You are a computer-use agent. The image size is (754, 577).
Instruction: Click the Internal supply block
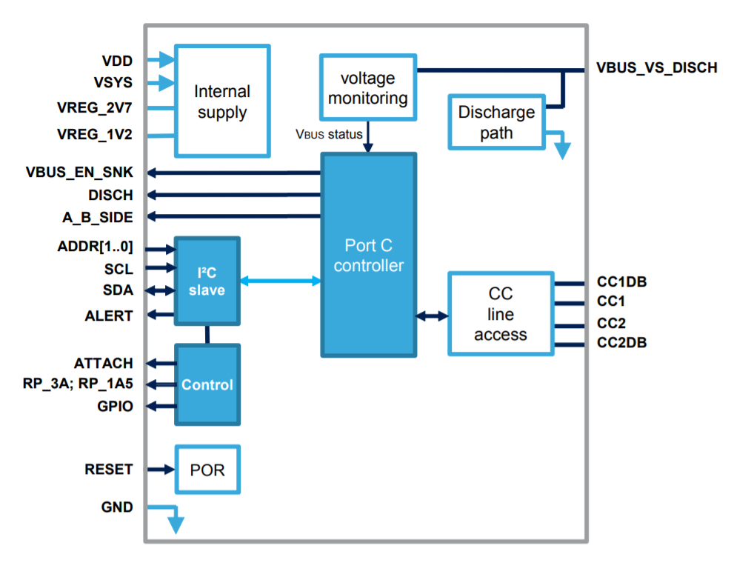tap(222, 101)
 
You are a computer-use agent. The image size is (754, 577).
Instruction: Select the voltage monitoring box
tap(367, 87)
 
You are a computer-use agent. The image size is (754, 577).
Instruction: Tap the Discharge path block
tap(496, 122)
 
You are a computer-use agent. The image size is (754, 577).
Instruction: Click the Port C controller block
tap(368, 255)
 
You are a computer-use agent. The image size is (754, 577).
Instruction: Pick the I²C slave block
tap(207, 281)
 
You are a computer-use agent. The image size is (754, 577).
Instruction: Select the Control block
tap(207, 384)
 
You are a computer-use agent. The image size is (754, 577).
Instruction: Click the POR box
tap(207, 470)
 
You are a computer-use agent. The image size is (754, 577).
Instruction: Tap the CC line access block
tap(501, 314)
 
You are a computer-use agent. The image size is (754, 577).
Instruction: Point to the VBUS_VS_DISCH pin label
tap(656, 68)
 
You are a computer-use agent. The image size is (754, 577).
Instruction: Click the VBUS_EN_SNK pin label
tap(79, 173)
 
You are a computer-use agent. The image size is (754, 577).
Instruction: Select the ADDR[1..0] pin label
tap(95, 247)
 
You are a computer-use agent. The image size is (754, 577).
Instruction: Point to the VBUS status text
tap(329, 134)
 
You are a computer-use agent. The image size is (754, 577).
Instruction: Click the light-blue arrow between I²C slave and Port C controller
tap(281, 281)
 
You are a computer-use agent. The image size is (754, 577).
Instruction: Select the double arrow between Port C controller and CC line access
tap(432, 316)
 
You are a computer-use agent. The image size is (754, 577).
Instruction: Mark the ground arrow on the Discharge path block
tap(561, 144)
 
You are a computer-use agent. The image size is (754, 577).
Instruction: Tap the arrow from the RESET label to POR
tap(159, 470)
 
